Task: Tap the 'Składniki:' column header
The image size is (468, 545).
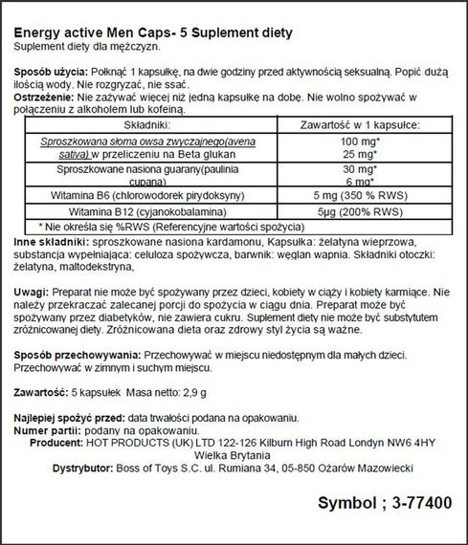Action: [x=133, y=124]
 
